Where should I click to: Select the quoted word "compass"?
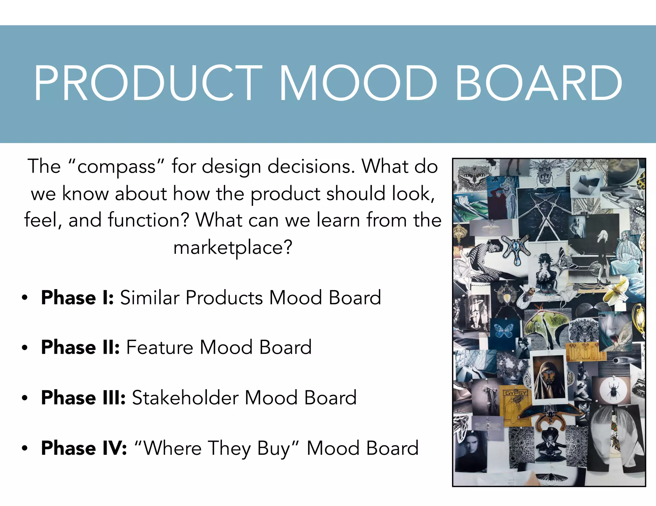click(116, 167)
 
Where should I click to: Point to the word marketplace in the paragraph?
click(233, 248)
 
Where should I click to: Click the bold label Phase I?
click(78, 298)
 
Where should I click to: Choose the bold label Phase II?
click(80, 347)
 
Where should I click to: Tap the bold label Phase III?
click(83, 398)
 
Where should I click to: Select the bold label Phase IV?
click(84, 448)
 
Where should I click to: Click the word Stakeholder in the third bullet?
click(185, 398)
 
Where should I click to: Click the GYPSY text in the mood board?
click(516, 393)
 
